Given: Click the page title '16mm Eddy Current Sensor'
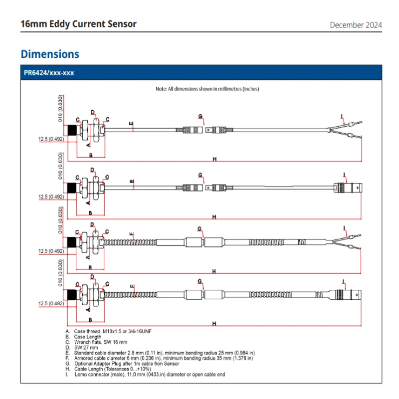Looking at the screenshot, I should click(78, 23).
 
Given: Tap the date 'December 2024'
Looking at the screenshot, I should click(356, 25).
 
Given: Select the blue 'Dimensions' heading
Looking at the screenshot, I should click(50, 54).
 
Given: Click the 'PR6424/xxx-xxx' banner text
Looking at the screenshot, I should click(49, 73).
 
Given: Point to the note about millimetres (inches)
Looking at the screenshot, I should click(207, 89).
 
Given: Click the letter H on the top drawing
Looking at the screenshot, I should click(214, 159).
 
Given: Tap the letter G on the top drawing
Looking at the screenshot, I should click(200, 116).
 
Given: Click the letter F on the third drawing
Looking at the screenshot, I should click(132, 234).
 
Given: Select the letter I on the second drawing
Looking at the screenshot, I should click(345, 175).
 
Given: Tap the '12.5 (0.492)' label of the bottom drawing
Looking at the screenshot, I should click(51, 303).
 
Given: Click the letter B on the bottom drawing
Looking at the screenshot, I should click(90, 319).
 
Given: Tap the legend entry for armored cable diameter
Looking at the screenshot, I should click(160, 358).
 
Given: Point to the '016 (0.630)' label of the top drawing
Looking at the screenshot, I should click(60, 108).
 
